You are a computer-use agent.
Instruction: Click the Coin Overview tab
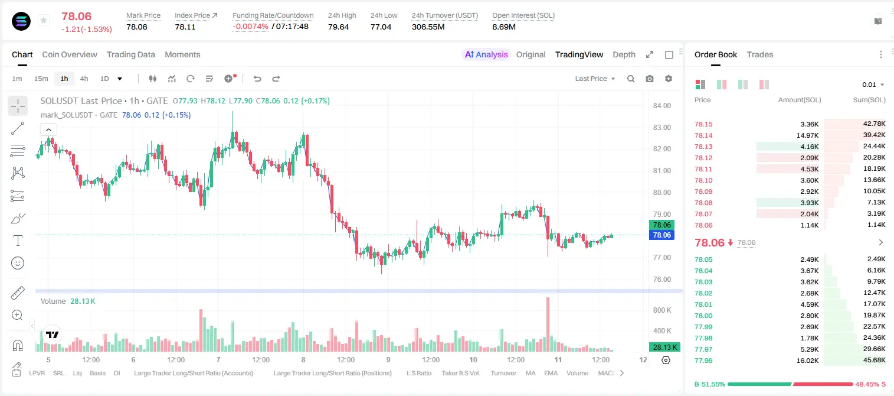coord(70,54)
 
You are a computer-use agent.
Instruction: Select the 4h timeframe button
coord(84,79)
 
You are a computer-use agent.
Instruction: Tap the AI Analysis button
coord(486,54)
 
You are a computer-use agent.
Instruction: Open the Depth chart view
coord(624,54)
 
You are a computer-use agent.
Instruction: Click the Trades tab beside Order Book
coord(760,54)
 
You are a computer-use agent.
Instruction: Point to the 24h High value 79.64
coord(339,27)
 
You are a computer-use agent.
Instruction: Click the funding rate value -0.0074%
coord(250,27)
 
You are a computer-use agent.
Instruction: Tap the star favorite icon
coord(44,20)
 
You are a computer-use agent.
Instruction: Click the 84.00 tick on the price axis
coord(662,105)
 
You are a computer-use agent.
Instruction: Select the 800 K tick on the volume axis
coord(662,310)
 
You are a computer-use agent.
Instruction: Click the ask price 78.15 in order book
coord(703,124)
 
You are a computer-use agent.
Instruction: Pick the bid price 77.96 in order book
coord(703,361)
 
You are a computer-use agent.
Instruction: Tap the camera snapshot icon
coord(650,79)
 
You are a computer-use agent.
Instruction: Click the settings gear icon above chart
coord(669,79)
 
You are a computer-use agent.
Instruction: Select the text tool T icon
coord(18,241)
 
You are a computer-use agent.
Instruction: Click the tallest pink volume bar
coord(548,324)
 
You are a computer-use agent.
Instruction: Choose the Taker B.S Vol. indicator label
coord(460,373)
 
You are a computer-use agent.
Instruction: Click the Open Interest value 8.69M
coord(504,27)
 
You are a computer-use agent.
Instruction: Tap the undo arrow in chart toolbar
coord(257,79)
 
